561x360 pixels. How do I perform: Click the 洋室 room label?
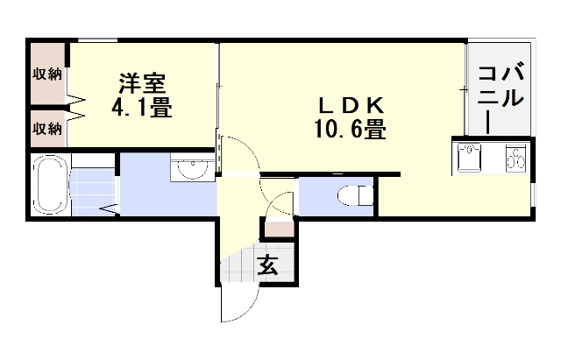[142, 85]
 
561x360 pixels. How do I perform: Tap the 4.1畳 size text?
[141, 109]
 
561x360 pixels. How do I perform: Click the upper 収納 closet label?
[47, 74]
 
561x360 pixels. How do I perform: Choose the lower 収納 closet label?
[47, 129]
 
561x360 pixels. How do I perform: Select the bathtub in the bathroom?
[52, 184]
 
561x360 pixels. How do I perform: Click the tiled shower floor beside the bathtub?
[91, 186]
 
